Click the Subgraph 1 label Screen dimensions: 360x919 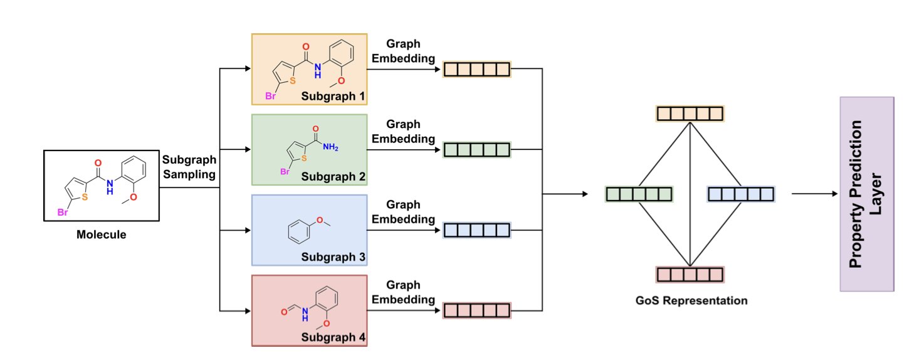[332, 97]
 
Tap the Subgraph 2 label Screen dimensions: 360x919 [332, 177]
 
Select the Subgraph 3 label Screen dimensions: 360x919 [332, 257]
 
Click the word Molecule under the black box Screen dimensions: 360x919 [101, 235]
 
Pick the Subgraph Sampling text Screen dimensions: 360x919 [189, 166]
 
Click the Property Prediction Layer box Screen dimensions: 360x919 [866, 194]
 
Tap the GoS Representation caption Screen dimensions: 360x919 [690, 300]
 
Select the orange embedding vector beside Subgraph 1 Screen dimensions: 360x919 [477, 69]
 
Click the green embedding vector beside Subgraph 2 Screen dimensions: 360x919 [477, 149]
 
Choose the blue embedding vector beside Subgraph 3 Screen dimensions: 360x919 [477, 230]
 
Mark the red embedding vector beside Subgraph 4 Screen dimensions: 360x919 [477, 310]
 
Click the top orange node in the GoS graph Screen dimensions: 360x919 [690, 114]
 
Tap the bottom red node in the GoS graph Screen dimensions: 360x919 [690, 275]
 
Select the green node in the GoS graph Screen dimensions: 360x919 [639, 194]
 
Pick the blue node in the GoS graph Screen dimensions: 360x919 [742, 194]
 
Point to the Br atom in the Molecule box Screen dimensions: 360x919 [63, 213]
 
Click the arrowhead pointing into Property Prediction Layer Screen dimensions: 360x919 [835, 194]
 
